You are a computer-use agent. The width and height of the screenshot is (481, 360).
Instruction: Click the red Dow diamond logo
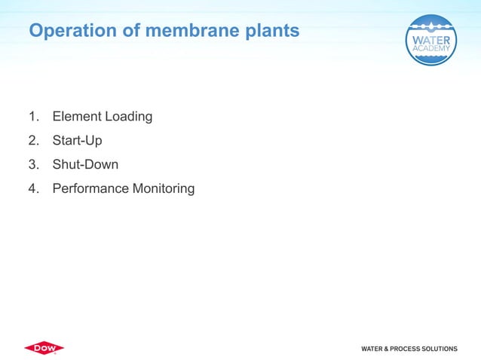pos(44,348)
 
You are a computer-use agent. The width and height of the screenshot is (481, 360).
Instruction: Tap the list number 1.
pos(32,117)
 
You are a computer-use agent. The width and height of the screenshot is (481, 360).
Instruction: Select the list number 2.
pos(32,141)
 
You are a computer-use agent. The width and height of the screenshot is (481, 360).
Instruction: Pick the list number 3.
pos(32,164)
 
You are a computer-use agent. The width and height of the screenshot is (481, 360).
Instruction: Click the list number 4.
pos(32,188)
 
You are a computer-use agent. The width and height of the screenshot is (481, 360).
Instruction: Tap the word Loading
pos(128,117)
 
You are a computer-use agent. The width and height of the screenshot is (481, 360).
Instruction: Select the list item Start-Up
pos(77,141)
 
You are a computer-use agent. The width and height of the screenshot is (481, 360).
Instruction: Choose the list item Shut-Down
pos(85,164)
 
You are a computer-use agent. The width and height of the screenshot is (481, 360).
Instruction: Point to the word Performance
pos(90,188)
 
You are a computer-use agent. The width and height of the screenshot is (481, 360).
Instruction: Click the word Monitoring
pos(164,189)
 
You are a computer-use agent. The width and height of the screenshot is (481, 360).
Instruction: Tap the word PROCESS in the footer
pos(408,349)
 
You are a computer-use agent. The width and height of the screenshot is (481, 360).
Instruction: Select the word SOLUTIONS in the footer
pos(441,349)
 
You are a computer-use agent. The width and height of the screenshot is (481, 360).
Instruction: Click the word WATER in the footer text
pos(373,349)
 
